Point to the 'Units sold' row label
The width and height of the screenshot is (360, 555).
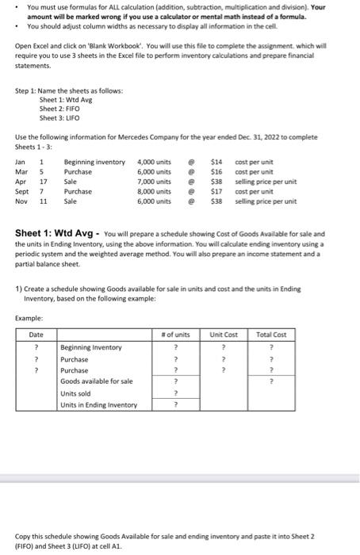tap(75, 393)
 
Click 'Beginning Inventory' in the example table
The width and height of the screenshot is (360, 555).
tap(91, 347)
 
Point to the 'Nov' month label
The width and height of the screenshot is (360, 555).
tap(21, 201)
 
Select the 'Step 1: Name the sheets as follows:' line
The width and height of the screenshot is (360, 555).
tap(69, 91)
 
